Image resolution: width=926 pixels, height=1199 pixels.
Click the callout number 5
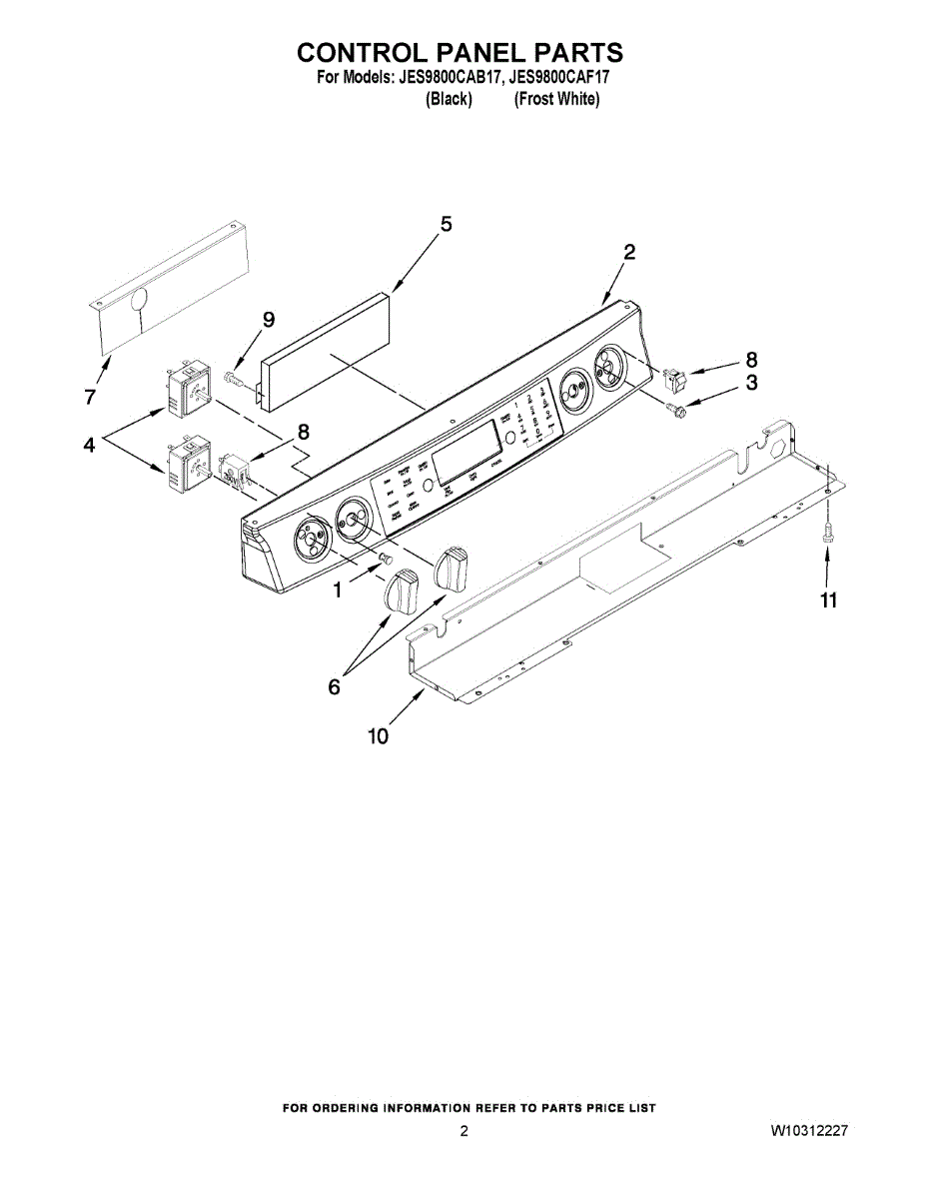coord(446,225)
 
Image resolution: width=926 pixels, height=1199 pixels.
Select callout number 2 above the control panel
coord(629,253)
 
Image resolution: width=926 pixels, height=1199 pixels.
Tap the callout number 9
coord(268,319)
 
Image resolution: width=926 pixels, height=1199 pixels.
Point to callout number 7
coord(90,398)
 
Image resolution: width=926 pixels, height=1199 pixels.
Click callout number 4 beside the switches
coord(90,446)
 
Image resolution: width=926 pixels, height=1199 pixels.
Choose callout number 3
coord(751,382)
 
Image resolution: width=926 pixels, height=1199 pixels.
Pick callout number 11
coord(828,600)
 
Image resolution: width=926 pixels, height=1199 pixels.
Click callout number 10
coord(378,737)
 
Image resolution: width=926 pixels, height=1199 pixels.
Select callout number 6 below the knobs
coord(334,687)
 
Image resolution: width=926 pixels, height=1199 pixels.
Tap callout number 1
coord(338,591)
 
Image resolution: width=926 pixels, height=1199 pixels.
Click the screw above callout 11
coord(826,537)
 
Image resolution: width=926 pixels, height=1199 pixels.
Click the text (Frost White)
coord(556,99)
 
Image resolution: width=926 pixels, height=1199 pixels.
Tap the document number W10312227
coord(809,1132)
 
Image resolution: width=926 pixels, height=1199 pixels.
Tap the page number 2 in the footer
coord(463,1132)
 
